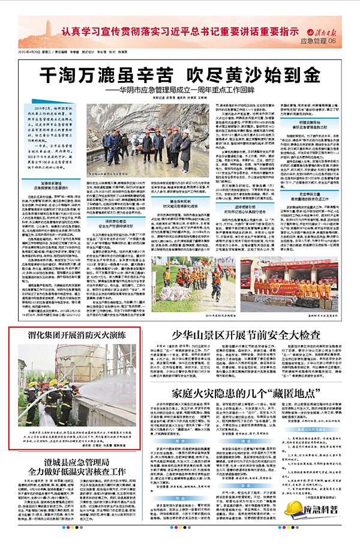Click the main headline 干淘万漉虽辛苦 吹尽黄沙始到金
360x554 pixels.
(x=179, y=76)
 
